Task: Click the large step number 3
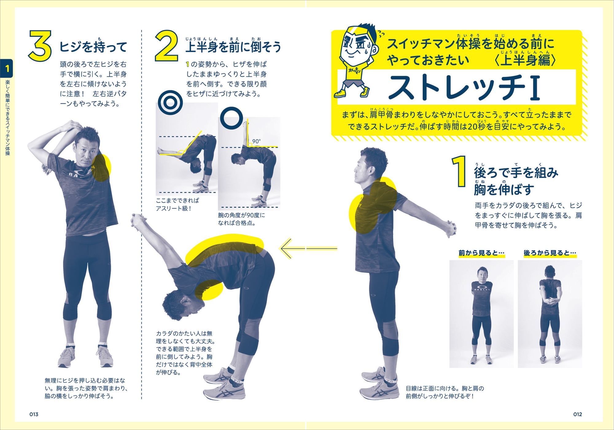click(x=40, y=46)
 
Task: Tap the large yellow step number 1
click(x=459, y=171)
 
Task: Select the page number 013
click(x=34, y=414)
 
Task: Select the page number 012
click(x=577, y=414)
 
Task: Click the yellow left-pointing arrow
click(x=309, y=248)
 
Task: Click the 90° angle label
click(x=256, y=141)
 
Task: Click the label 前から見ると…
click(x=481, y=253)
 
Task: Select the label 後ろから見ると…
click(x=550, y=253)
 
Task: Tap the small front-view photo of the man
click(x=481, y=314)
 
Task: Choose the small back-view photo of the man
click(x=550, y=314)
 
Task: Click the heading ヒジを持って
click(x=93, y=47)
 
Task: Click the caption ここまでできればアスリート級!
click(x=177, y=205)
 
